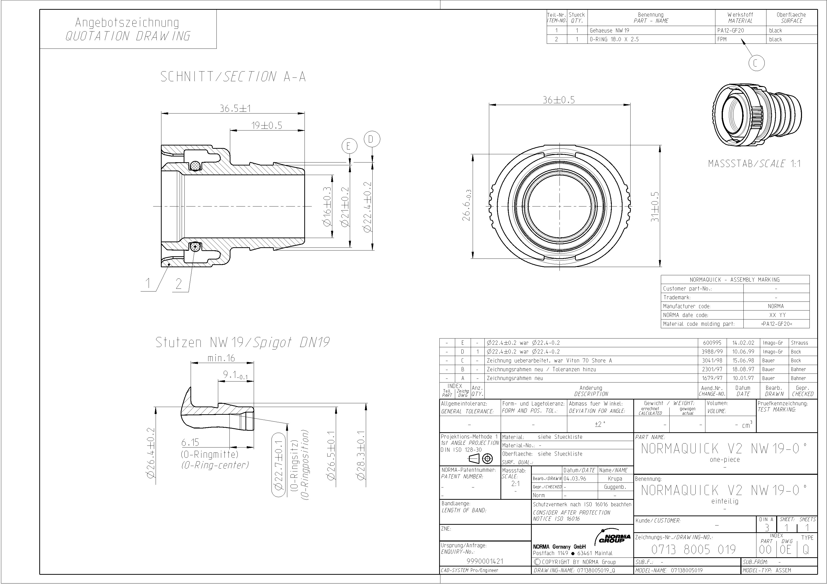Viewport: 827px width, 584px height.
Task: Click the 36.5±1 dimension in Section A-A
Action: (235, 108)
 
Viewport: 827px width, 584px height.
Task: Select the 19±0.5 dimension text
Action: (266, 125)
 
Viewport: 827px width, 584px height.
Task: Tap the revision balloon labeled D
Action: (372, 139)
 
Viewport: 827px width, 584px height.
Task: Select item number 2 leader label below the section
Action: (179, 284)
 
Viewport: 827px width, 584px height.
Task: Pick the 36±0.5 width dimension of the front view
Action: (559, 100)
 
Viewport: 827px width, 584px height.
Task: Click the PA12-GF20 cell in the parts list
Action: (730, 30)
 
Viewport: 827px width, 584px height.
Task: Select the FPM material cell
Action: (722, 39)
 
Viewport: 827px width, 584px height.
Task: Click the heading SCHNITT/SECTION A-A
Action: (233, 77)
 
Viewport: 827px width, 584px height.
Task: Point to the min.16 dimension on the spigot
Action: (221, 358)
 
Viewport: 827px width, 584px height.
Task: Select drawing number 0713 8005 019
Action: (693, 549)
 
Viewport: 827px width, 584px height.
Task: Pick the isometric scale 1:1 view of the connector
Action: (757, 115)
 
